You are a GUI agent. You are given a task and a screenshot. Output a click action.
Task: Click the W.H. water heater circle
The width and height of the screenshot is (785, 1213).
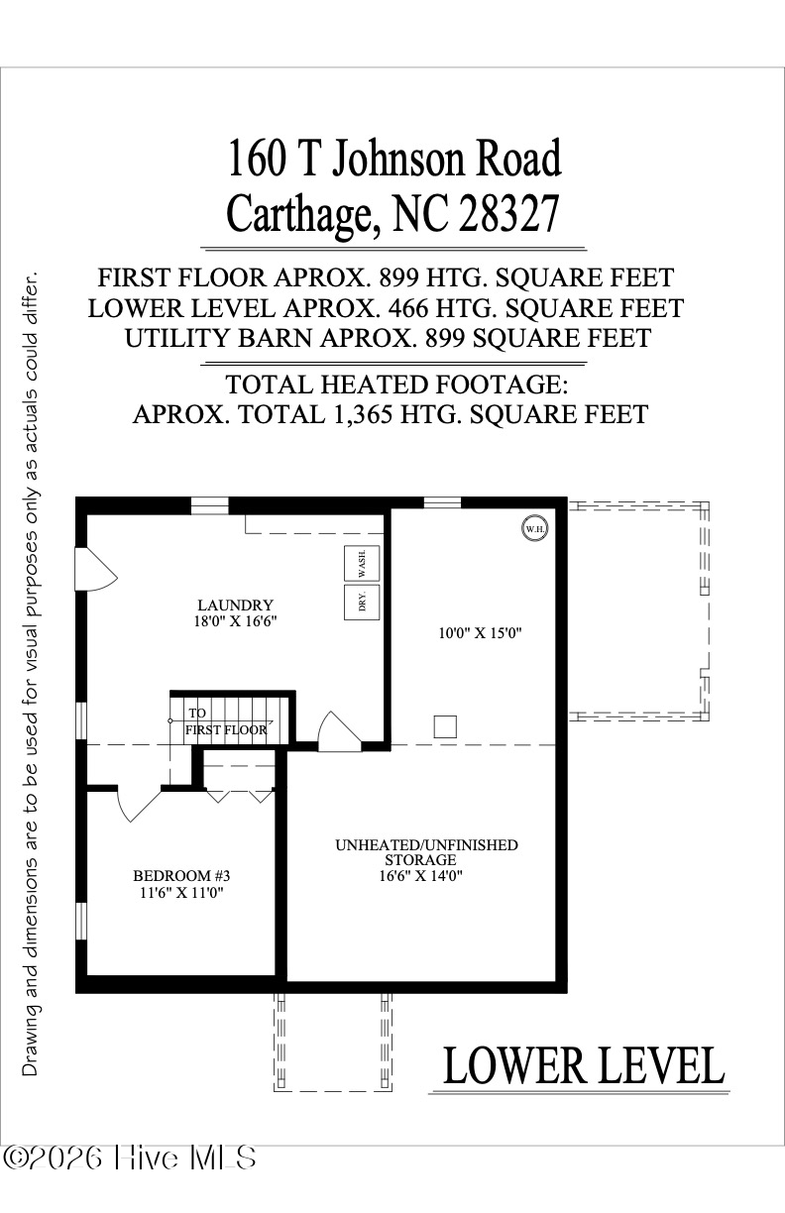[534, 529]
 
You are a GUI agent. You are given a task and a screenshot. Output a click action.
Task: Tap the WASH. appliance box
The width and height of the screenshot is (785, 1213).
[357, 564]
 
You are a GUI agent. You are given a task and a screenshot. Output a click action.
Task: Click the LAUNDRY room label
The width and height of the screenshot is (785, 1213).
[235, 605]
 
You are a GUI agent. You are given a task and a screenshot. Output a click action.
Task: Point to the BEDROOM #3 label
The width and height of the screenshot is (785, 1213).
[181, 876]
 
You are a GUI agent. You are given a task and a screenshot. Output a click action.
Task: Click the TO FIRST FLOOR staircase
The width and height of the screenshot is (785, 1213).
[228, 719]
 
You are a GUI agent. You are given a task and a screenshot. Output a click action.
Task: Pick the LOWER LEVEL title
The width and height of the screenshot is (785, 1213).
[583, 1066]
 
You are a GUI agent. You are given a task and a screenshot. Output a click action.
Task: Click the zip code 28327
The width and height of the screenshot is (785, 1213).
[508, 212]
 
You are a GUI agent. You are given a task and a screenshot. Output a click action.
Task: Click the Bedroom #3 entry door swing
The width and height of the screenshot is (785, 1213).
[137, 804]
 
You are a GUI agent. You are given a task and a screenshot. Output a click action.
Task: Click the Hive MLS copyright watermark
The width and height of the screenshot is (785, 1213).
[130, 1157]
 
